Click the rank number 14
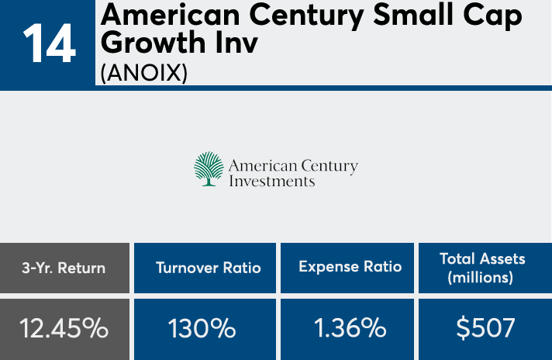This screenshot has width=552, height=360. [x=48, y=44]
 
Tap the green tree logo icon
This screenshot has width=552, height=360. [x=208, y=168]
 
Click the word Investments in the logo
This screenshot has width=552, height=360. [x=272, y=181]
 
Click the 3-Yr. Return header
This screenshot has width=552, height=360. [x=64, y=268]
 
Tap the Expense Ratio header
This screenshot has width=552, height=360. [x=350, y=267]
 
